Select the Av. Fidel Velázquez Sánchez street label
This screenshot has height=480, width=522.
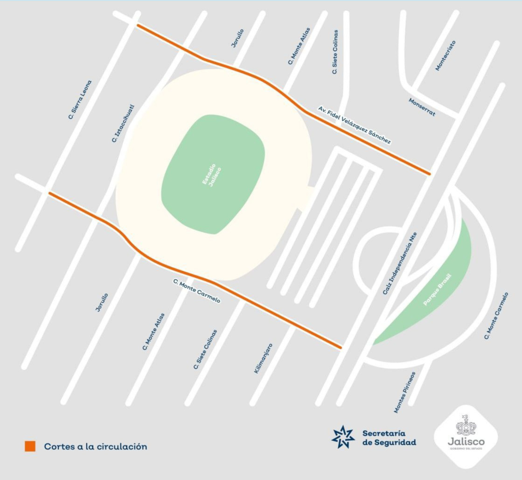coord(355,125)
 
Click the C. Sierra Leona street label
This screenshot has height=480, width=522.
coord(80,99)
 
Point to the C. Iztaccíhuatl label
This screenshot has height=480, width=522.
coord(123,123)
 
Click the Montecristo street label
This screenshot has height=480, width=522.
coord(445,56)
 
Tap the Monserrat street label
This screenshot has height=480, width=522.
coord(422,107)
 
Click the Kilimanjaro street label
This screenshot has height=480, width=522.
coord(263,358)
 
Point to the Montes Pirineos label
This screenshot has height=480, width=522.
coord(404,392)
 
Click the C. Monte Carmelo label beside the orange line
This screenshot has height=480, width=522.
coord(196,291)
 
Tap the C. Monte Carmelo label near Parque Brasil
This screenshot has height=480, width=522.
coord(496,316)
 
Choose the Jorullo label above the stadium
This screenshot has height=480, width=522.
coord(237,38)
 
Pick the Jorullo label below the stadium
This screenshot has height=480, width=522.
coord(102,303)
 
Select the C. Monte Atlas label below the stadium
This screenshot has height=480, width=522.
coord(153,332)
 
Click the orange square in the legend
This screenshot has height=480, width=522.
coord(30,446)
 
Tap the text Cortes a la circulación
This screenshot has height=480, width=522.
coord(96,447)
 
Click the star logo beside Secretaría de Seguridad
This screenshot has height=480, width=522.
coord(343,437)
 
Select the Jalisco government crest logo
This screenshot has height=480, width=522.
coord(466,435)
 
